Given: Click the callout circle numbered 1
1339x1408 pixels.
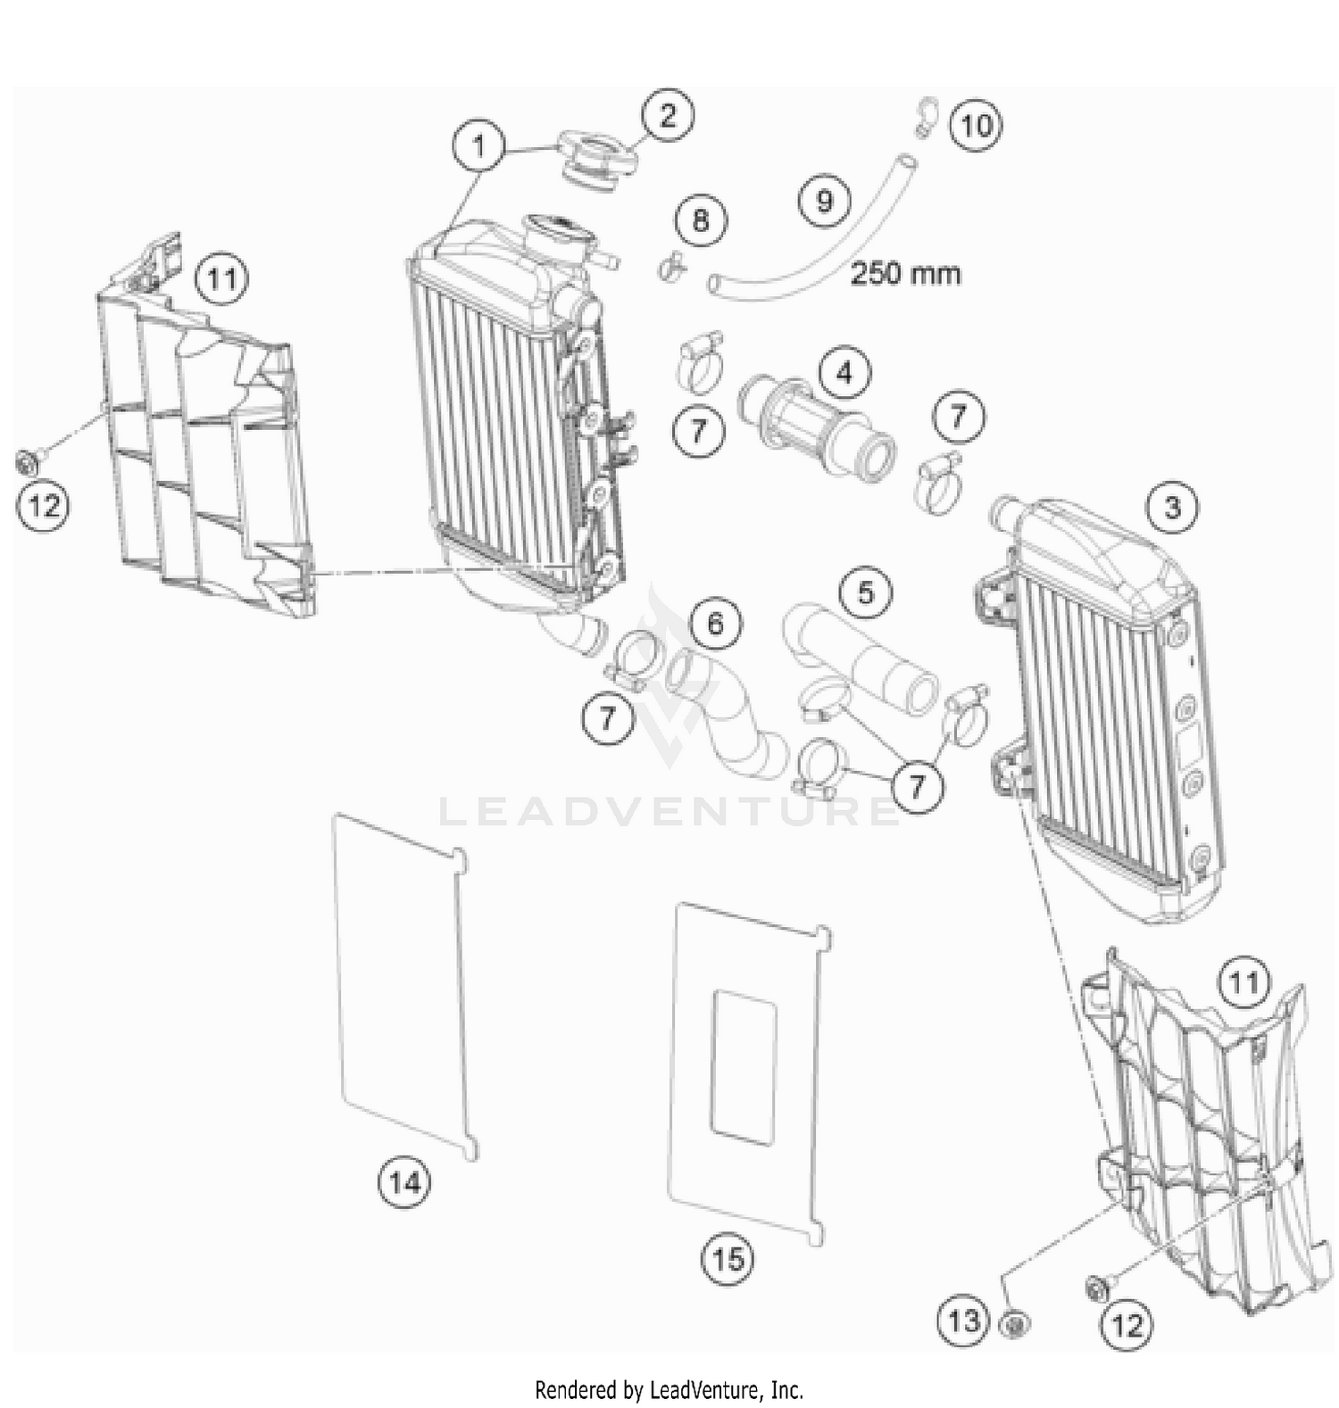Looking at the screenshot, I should [479, 145].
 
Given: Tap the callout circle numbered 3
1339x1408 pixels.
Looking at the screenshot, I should [1172, 508].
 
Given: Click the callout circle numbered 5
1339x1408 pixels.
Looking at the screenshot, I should [865, 592].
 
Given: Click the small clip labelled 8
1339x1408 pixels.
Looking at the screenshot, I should [671, 264].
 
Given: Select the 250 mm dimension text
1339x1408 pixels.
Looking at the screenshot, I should [905, 273].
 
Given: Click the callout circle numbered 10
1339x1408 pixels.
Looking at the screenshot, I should [976, 126].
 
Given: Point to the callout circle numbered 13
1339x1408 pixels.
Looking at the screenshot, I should [963, 1321].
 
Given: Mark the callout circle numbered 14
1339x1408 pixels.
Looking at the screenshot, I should [403, 1183].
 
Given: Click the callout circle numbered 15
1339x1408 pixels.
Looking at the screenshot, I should [728, 1259].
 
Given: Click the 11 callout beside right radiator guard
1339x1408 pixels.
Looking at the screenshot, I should [1243, 984].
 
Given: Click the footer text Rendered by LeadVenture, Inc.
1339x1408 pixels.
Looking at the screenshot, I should [669, 1389].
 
